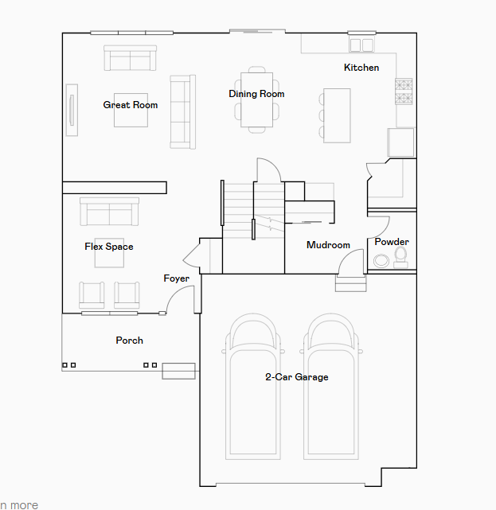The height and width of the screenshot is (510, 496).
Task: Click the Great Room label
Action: [130, 105]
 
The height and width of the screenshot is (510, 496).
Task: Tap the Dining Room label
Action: [256, 94]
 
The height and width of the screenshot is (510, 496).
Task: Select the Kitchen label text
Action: [361, 68]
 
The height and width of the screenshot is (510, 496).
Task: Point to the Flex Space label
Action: [109, 247]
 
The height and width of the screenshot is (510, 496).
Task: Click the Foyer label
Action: [176, 278]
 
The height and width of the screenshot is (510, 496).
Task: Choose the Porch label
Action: [130, 341]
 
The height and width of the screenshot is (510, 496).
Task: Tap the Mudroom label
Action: [328, 245]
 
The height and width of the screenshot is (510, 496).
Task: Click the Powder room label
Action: [392, 242]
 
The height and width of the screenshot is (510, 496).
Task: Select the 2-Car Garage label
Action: [297, 377]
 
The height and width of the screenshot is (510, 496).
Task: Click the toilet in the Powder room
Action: [400, 255]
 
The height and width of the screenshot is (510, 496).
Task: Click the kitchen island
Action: [337, 115]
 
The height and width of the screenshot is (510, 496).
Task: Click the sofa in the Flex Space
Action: [109, 212]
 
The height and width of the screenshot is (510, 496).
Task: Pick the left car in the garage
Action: [253, 382]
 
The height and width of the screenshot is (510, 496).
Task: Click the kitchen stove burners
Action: [404, 91]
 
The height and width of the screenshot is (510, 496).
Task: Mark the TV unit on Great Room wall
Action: [72, 110]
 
